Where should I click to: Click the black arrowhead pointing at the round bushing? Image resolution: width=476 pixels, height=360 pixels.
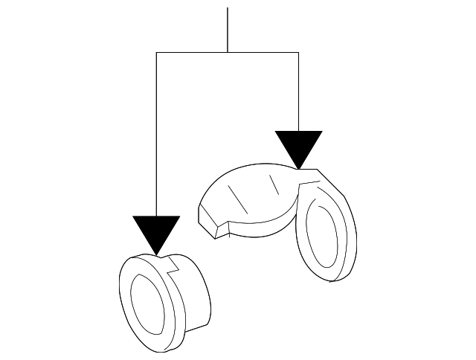tap(156, 232)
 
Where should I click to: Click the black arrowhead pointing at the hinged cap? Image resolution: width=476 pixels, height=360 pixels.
tap(298, 147)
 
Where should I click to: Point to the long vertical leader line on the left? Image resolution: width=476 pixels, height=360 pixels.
tap(156, 134)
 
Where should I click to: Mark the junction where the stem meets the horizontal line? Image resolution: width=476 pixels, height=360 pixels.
tap(227, 52)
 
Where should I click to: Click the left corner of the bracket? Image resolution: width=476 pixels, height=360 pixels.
tap(156, 52)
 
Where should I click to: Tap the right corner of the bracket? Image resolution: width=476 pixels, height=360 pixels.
tap(298, 52)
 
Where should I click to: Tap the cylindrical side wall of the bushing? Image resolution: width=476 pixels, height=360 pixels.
tap(195, 298)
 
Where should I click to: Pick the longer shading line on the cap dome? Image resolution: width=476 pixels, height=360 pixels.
tap(237, 196)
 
